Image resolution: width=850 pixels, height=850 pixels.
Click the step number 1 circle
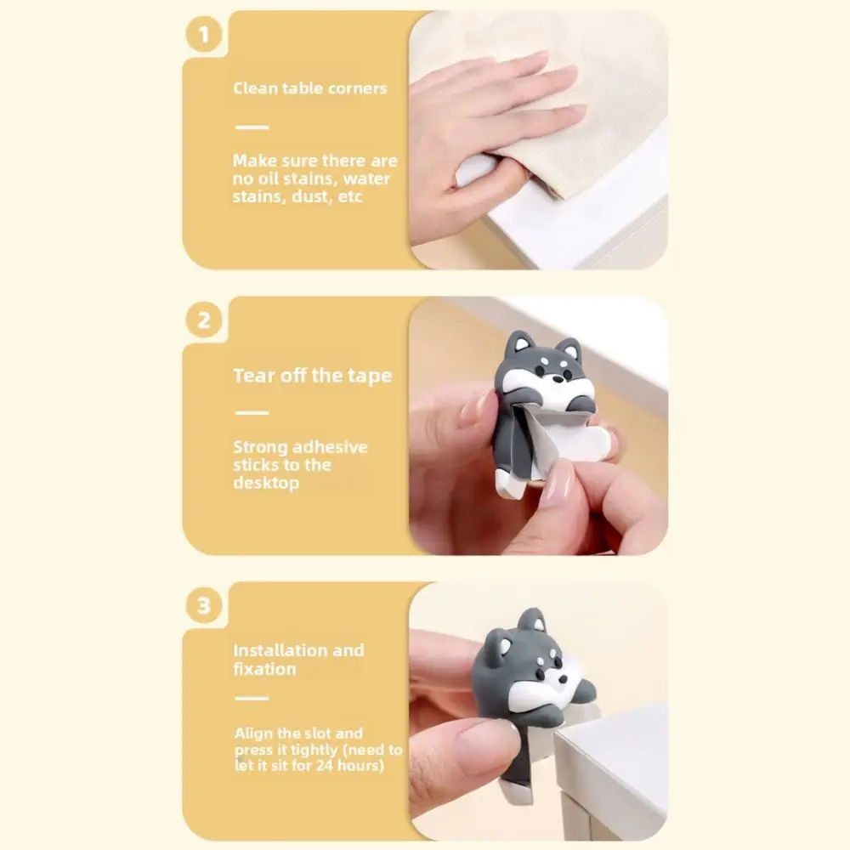pos(203,36)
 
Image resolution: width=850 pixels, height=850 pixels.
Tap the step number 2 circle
pos(203,321)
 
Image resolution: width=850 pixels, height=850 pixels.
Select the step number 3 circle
pos(203,607)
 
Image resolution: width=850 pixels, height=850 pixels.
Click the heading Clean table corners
pos(309,88)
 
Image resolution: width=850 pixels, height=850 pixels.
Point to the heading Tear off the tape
pos(313,376)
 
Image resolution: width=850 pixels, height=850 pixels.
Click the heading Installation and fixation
pos(298,660)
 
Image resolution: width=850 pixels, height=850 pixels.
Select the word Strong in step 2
pos(260,447)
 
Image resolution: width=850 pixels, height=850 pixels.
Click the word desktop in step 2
pos(266,483)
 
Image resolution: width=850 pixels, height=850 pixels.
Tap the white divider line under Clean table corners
pos(251,127)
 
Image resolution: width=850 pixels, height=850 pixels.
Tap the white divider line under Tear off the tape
pos(251,413)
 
